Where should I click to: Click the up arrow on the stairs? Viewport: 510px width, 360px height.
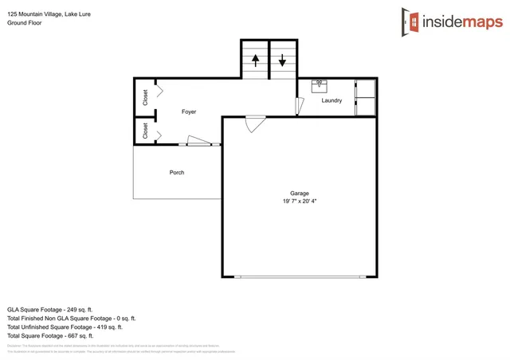pos(255,60)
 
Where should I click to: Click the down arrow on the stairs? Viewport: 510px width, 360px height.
pos(282,60)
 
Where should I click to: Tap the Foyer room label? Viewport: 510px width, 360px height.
pos(189,112)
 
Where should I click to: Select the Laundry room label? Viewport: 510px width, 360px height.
pos(331,100)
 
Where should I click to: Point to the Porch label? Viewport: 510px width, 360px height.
pos(177,172)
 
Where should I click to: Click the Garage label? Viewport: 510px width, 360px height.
pos(299,194)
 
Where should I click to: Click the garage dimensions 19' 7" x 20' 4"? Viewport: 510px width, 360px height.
pos(299,202)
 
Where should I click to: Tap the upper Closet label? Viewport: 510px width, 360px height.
pos(145,97)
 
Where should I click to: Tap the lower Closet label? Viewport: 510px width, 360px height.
pos(145,131)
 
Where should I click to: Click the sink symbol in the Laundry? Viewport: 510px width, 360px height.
pos(320,83)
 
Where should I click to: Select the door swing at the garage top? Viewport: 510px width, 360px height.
pos(255,123)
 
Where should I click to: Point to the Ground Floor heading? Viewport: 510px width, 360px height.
pos(24,23)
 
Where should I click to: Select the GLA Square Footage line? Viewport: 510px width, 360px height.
pos(50,308)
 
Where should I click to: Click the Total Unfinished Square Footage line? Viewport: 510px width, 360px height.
pos(65,327)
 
